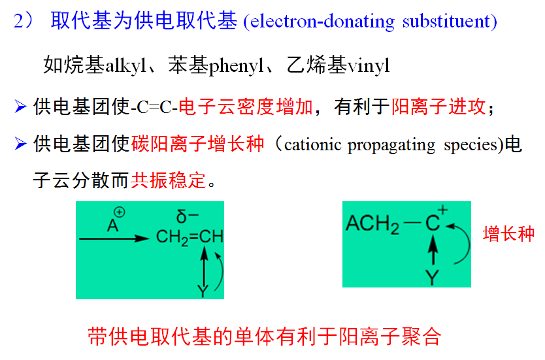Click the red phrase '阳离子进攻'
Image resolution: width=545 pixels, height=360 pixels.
tap(439, 106)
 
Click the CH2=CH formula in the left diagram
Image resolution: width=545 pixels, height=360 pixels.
tap(190, 237)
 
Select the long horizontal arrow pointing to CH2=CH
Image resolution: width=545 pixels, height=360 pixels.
tap(114, 239)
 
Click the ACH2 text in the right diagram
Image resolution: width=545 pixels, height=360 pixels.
tap(372, 224)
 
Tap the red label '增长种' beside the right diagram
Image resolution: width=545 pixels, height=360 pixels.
tap(508, 234)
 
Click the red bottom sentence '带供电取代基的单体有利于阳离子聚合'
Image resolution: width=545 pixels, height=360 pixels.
tap(265, 336)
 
